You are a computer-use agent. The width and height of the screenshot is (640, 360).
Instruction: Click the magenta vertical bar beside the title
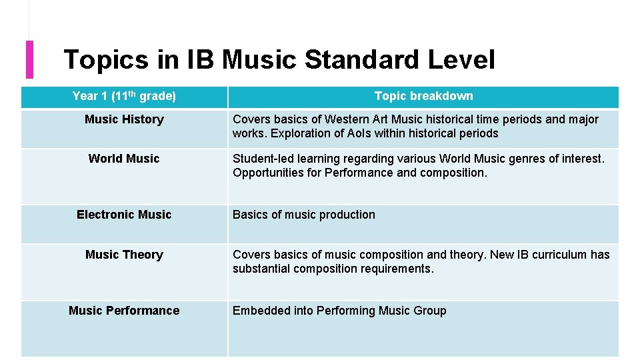29,59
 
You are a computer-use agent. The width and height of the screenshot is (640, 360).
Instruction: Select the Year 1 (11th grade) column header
124,96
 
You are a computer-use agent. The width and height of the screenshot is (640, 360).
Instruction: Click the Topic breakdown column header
423,96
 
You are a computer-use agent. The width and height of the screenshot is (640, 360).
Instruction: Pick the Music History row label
124,119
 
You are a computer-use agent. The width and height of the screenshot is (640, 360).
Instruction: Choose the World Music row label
124,159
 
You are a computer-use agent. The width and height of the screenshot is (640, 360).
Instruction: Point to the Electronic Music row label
124,215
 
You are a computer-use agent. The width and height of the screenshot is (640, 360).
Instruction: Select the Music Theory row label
124,255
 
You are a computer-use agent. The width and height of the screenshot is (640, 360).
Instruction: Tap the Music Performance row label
124,311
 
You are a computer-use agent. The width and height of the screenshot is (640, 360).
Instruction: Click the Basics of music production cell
304,215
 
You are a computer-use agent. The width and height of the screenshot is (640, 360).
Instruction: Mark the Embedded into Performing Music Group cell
339,311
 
